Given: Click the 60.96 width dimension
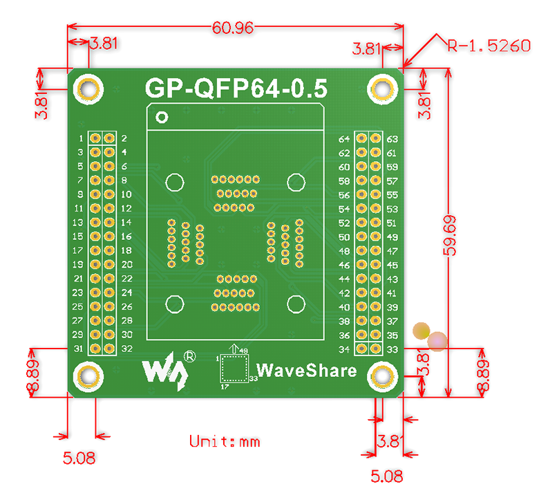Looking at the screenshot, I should (234, 28).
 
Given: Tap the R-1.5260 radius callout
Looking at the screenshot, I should (489, 46).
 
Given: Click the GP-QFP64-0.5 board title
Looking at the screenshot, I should (236, 89).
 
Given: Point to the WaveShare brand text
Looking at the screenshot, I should (306, 370).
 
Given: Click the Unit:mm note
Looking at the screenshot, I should (225, 441).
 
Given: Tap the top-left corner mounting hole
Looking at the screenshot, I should (88, 89).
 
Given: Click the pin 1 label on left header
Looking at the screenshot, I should (81, 138).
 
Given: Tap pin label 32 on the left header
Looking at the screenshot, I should (127, 349).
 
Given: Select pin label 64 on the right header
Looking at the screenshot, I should (344, 138).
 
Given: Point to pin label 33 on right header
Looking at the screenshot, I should (392, 349).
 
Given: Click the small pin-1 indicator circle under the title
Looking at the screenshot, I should (162, 117).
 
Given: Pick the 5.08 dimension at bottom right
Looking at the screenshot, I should (387, 476).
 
